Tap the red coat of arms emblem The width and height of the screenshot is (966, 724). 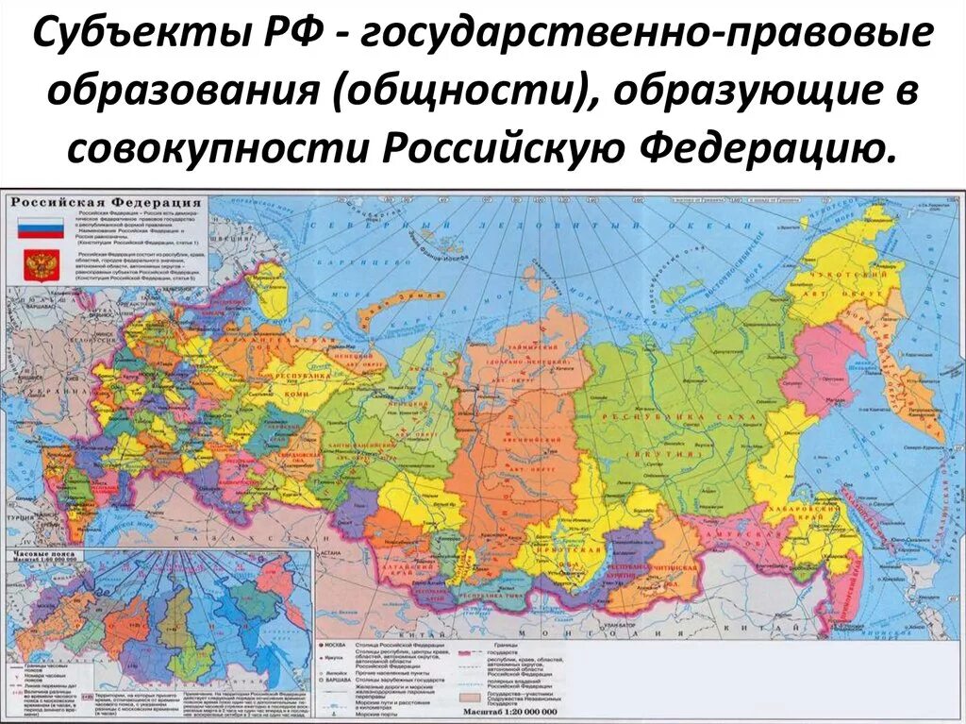click(40, 263)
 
